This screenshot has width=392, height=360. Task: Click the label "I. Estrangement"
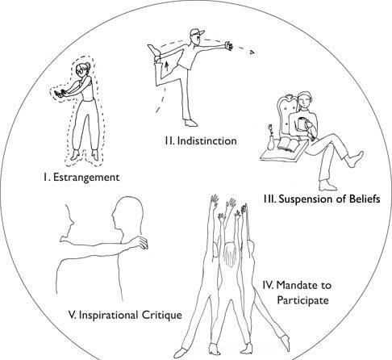(81, 178)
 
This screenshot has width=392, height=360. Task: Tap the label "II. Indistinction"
(201, 141)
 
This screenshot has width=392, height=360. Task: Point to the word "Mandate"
(295, 285)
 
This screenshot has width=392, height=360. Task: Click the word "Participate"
(302, 300)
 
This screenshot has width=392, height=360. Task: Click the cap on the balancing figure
(197, 33)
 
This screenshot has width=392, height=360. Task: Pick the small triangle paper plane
(252, 52)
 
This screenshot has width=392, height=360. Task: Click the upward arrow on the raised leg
(167, 66)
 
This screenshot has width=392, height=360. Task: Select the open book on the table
(288, 144)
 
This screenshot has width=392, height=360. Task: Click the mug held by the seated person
(302, 123)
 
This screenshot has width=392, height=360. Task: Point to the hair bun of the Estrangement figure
(88, 65)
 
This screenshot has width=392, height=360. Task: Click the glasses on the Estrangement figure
(80, 72)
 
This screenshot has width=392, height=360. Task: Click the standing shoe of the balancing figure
(191, 123)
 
